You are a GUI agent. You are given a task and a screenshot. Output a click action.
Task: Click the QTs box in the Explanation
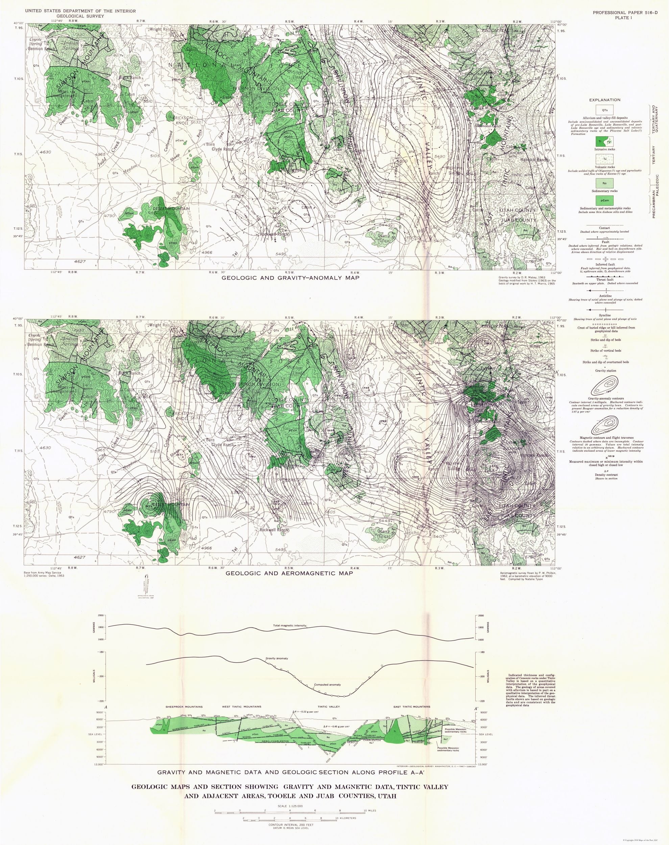click(605, 110)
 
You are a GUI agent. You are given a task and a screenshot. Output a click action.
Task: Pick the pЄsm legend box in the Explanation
click(605, 200)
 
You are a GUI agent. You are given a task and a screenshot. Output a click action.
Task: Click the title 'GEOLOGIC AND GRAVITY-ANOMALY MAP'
click(291, 278)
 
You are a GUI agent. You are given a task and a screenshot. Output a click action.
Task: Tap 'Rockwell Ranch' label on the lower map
click(274, 530)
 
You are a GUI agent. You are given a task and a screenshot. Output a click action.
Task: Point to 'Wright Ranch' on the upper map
click(161, 29)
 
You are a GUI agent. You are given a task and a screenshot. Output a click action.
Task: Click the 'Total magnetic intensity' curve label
click(290, 626)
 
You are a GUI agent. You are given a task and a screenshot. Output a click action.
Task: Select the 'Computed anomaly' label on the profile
click(328, 684)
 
